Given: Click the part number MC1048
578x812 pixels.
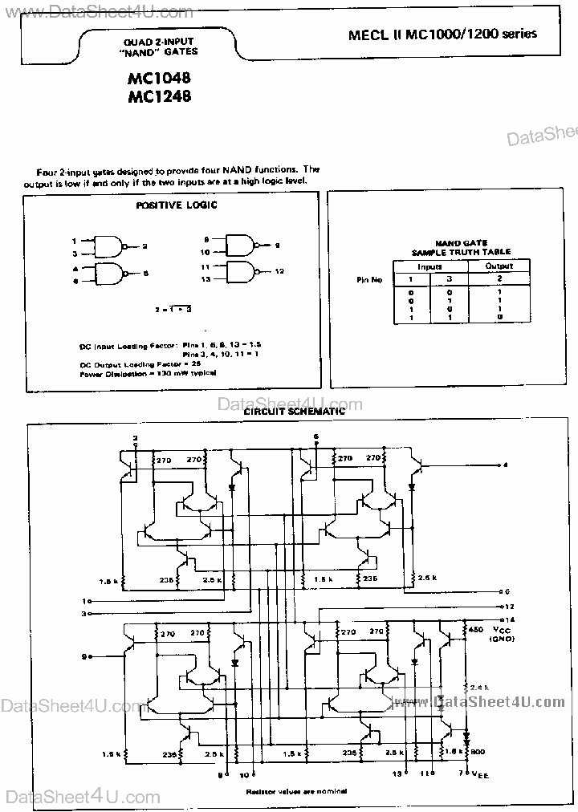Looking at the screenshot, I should (x=157, y=80).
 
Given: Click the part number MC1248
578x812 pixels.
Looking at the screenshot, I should (x=157, y=97).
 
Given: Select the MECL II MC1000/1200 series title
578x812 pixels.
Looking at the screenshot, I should (x=442, y=35).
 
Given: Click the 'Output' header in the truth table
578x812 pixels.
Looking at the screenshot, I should (x=499, y=266).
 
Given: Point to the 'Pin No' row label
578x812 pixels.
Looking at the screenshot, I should (x=369, y=279).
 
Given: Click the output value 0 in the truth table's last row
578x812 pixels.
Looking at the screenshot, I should (x=499, y=318).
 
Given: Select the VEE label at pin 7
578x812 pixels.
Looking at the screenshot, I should (x=478, y=774).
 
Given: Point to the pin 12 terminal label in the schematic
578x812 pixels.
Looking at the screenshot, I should (x=511, y=607).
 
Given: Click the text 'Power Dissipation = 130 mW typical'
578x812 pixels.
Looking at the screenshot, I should (x=149, y=374).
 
